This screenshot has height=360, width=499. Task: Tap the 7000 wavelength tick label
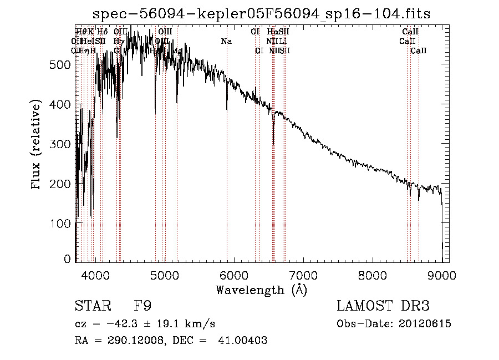(303, 274)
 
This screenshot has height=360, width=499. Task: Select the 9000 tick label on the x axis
(441, 274)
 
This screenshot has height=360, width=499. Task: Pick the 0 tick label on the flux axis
(68, 259)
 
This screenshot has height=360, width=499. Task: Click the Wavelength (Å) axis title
(261, 290)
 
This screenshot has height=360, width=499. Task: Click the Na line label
(226, 41)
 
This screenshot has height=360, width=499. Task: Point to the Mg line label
(177, 50)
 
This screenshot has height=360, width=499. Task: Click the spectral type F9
(143, 306)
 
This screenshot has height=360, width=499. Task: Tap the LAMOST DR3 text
(383, 306)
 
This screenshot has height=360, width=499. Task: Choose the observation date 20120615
(426, 324)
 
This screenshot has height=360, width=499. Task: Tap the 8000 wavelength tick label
(372, 274)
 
